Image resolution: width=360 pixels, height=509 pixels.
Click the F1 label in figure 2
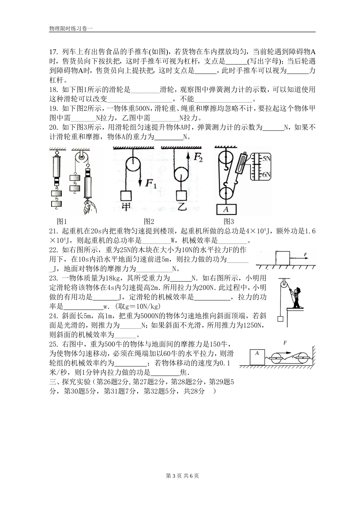coord(151,183)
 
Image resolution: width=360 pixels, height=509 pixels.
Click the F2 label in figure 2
coord(198,157)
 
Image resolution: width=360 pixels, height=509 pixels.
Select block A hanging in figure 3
coord(226,209)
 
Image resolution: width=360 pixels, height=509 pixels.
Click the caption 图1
coord(62,222)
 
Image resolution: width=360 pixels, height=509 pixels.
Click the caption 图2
coord(149,222)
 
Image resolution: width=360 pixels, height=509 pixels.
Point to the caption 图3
coord(229,222)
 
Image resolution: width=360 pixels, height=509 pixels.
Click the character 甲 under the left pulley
coord(125,206)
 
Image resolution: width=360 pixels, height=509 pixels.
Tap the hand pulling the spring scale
coord(90,206)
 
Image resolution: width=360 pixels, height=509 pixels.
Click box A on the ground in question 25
coord(257,356)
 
